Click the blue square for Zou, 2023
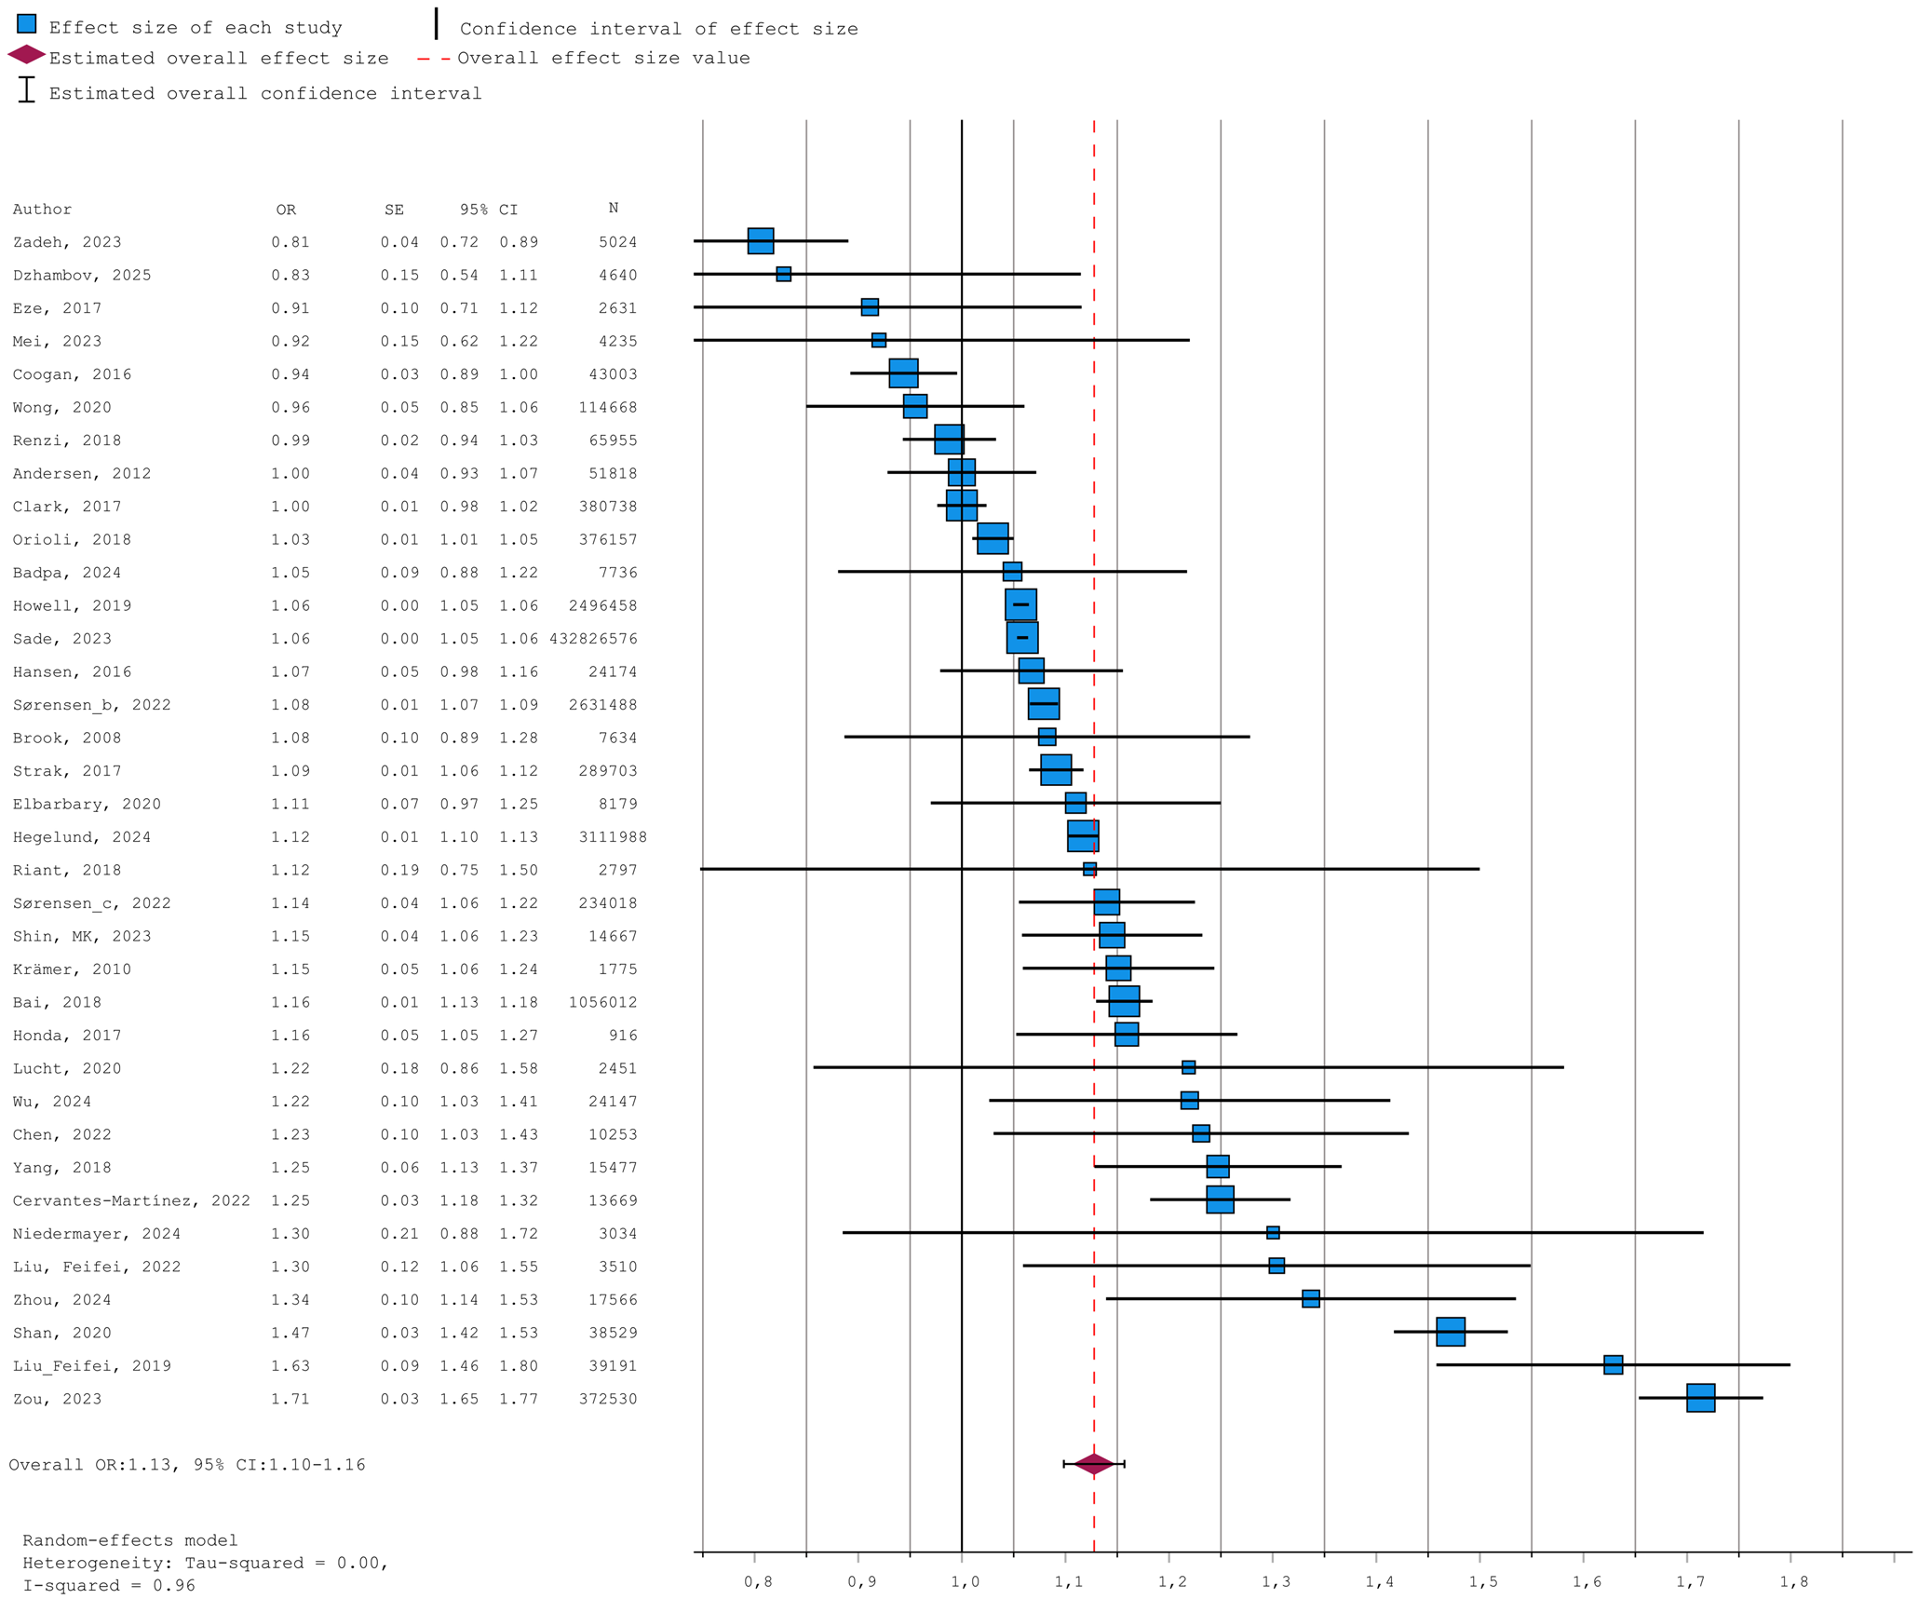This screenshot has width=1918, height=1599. (x=1700, y=1398)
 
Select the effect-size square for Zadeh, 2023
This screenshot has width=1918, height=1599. (x=761, y=240)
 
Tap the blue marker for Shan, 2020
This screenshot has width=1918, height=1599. (x=1450, y=1332)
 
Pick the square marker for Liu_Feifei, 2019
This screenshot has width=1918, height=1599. (x=1613, y=1364)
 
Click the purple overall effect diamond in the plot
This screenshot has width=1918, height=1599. (x=1094, y=1464)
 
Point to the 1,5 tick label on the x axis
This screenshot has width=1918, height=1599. (x=1483, y=1581)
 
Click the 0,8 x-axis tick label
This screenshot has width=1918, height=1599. (x=758, y=1581)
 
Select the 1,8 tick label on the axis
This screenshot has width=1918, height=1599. (x=1794, y=1581)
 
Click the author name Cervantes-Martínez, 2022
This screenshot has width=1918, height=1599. (x=131, y=1200)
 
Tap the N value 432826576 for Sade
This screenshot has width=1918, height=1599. (x=593, y=639)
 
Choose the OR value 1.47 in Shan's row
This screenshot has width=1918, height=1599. (x=290, y=1333)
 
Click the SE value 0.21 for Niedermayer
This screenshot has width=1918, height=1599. (x=399, y=1234)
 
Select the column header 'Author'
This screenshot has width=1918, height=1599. (x=42, y=210)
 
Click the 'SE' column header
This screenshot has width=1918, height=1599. (x=394, y=210)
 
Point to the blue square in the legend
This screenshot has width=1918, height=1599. (x=27, y=24)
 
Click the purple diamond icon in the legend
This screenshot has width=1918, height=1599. (x=26, y=55)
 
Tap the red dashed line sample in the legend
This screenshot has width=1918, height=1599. (x=434, y=59)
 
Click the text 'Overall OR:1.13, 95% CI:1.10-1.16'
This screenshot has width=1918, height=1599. (x=187, y=1465)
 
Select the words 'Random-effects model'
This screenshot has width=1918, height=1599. (x=130, y=1540)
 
